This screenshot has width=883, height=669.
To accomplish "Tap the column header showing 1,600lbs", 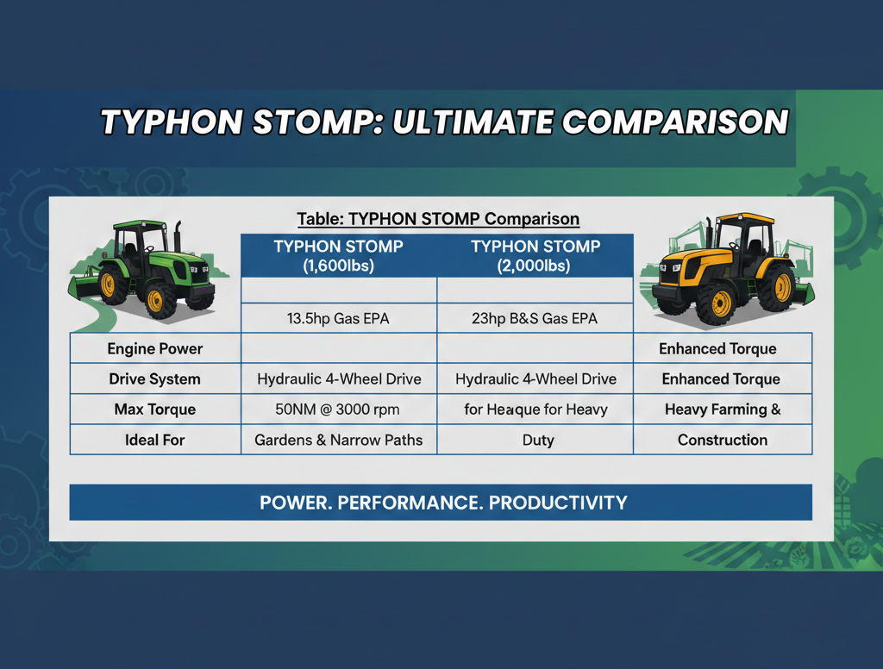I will point(338,256).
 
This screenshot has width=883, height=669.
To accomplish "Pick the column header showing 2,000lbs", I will point(535,256).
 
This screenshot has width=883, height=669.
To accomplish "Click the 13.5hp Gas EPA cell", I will point(338,319).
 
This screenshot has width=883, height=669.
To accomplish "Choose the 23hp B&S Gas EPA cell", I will point(535,319).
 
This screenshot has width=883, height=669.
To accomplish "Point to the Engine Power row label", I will point(155,349).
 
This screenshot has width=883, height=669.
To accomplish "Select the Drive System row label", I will point(155,379).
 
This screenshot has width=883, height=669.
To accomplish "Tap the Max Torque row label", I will point(155,410).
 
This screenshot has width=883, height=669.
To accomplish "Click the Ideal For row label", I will point(155,440).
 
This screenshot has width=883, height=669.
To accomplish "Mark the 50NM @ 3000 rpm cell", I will point(338,410).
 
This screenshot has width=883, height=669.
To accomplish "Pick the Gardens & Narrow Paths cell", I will point(338,440).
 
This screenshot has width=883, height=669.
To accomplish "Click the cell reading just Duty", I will point(535,440).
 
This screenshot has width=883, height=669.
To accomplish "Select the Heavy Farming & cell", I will point(723,410).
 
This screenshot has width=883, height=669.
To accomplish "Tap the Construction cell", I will point(723,440).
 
